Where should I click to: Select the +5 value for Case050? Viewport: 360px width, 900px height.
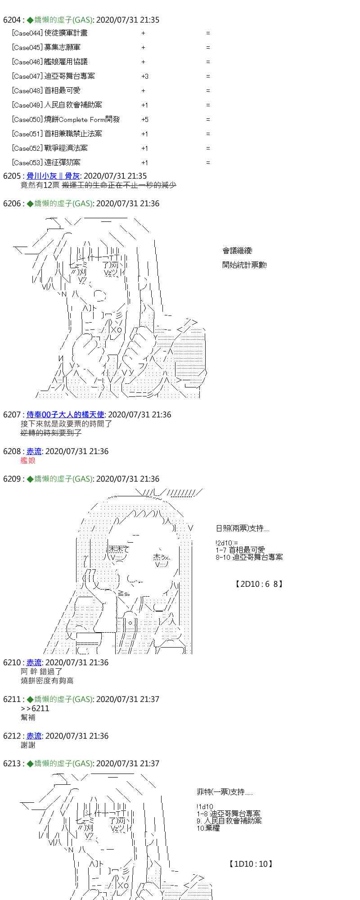tap(144, 119)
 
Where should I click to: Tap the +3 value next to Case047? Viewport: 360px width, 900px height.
tap(144, 76)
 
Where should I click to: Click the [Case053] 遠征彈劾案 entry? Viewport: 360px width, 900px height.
tap(46, 162)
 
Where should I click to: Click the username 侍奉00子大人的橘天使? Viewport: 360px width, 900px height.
tap(65, 414)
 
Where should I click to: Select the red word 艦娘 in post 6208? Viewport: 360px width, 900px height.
tap(28, 460)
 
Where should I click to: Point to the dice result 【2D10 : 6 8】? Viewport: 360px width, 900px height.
tap(259, 584)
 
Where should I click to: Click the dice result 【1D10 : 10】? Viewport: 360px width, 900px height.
tap(251, 864)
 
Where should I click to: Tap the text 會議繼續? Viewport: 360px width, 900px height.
tap(237, 251)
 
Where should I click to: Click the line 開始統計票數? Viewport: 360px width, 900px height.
tap(244, 265)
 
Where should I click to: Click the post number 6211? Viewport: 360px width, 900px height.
tap(12, 699)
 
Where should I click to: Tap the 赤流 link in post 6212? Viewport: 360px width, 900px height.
tap(34, 736)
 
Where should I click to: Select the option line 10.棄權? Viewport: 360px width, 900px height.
tap(208, 828)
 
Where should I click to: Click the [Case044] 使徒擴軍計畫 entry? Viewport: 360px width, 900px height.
tap(50, 33)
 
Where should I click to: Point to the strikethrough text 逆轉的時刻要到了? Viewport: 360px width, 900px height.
tap(51, 433)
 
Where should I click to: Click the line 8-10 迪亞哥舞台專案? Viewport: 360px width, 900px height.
tap(249, 557)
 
